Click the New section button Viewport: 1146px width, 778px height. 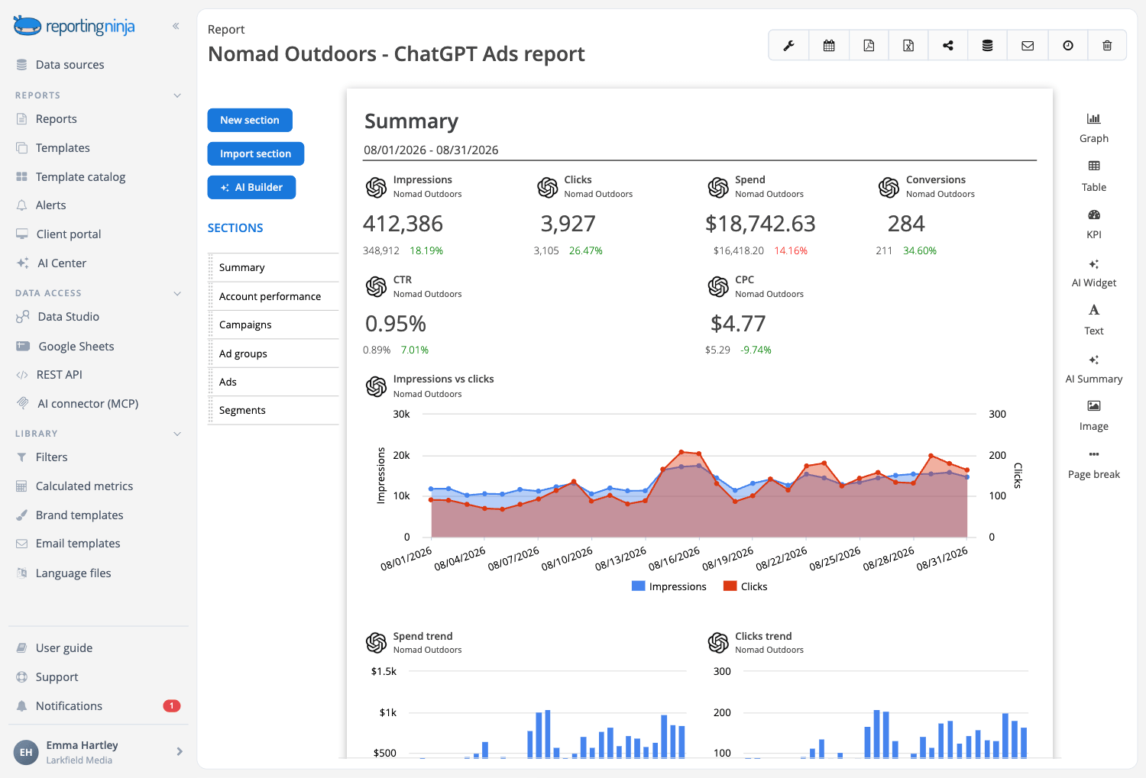(x=250, y=120)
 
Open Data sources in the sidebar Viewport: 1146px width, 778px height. (x=70, y=64)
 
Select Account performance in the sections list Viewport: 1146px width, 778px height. (x=270, y=296)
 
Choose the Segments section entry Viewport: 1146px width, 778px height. (x=242, y=410)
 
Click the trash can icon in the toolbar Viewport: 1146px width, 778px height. (x=1107, y=46)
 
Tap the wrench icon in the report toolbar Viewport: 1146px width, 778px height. (x=788, y=46)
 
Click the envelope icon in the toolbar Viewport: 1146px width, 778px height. (x=1028, y=46)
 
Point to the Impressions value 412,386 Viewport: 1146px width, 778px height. (x=403, y=224)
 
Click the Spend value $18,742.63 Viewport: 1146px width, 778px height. (x=760, y=224)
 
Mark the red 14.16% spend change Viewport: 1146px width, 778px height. (x=791, y=250)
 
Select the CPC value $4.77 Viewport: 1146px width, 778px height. (x=738, y=323)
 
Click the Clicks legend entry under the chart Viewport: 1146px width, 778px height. (x=745, y=586)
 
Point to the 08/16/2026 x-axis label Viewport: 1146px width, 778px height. (x=674, y=559)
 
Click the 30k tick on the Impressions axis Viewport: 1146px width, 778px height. (x=401, y=414)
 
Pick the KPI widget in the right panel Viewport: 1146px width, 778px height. (x=1094, y=224)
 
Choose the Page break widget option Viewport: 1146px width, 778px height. (x=1094, y=465)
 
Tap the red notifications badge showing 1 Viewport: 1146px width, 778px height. (x=171, y=706)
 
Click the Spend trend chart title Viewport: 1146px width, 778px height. (x=422, y=636)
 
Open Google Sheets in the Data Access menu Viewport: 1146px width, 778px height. (x=76, y=346)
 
